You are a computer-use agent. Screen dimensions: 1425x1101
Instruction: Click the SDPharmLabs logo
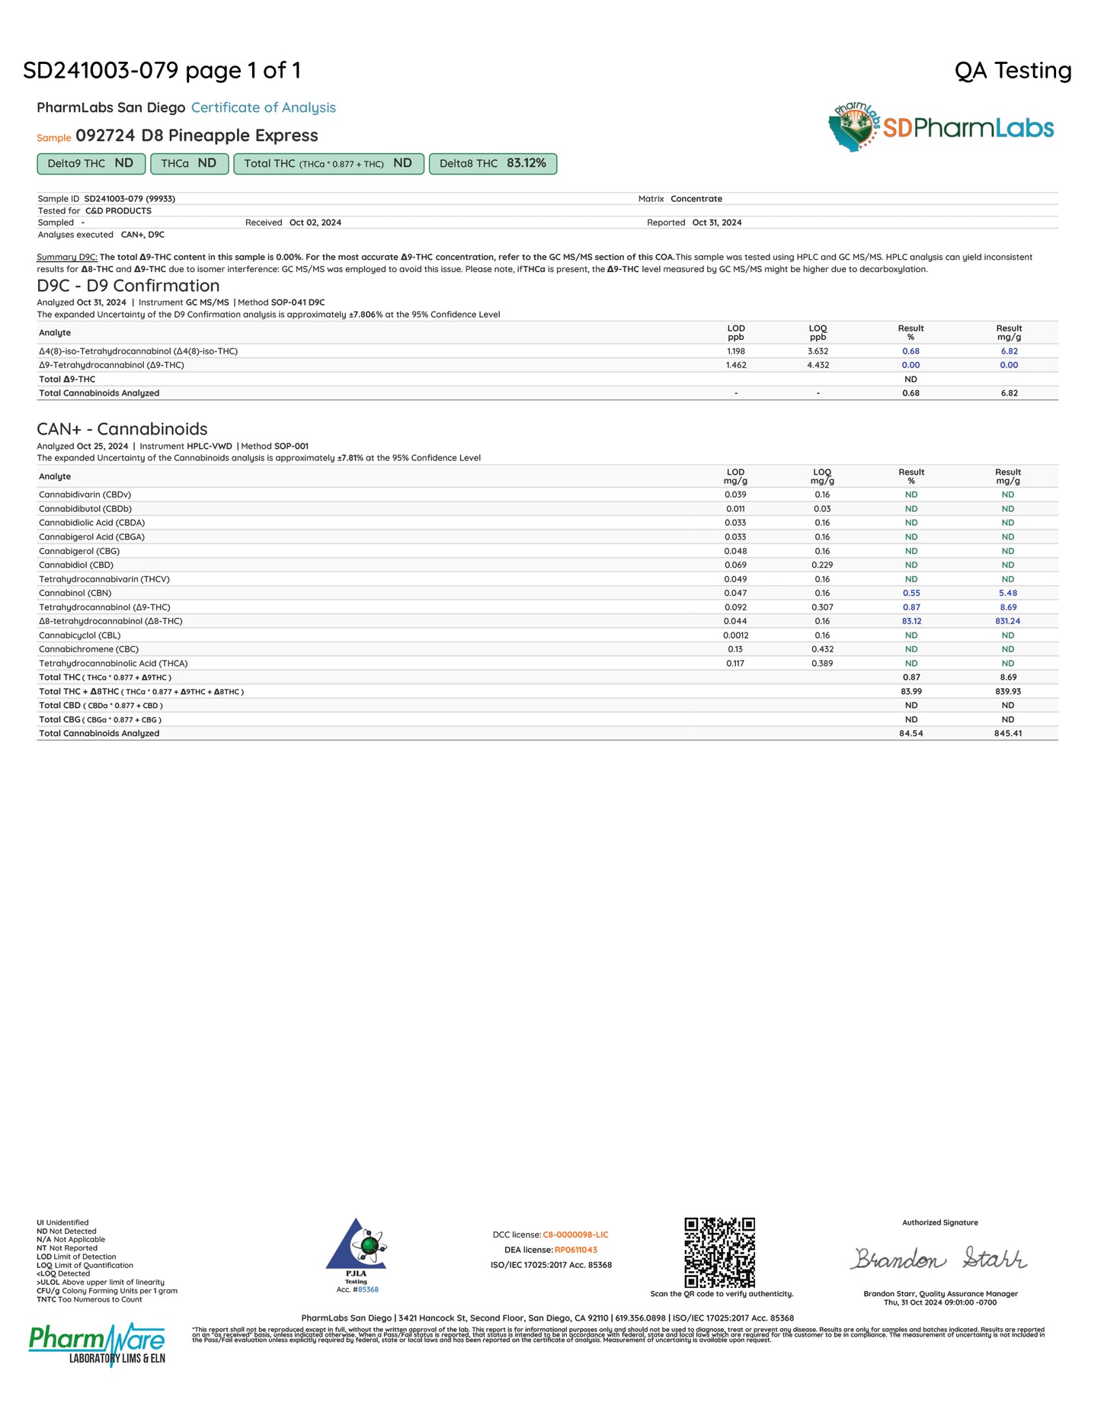941,127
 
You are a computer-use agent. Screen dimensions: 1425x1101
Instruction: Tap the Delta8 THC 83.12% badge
493,164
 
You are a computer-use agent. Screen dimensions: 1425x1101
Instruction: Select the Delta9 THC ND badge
91,164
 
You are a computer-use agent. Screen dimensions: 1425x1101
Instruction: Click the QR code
719,1252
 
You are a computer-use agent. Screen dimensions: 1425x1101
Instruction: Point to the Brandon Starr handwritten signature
939,1258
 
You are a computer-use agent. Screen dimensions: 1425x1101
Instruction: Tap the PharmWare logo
97,1345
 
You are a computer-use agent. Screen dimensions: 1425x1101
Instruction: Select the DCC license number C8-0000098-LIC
575,1234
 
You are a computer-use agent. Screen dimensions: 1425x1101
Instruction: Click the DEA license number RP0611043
575,1250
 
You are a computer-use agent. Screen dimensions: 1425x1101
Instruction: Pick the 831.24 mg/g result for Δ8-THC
1007,621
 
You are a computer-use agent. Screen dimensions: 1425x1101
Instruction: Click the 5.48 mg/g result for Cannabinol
1007,593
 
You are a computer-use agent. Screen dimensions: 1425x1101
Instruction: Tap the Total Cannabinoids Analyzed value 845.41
1007,733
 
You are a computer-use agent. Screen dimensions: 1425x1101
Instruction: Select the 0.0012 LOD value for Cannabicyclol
735,635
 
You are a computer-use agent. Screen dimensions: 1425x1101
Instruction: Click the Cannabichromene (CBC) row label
89,649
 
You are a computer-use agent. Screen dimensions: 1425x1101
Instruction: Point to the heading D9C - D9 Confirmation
128,286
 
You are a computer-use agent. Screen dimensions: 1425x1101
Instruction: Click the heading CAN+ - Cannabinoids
122,429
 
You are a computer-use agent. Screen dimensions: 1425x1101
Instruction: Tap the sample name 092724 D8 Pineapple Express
197,136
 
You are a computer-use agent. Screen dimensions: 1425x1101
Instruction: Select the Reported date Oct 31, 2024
716,223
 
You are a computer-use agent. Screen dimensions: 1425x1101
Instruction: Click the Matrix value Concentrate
696,199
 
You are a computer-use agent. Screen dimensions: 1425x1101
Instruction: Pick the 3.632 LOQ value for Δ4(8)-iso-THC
818,351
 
